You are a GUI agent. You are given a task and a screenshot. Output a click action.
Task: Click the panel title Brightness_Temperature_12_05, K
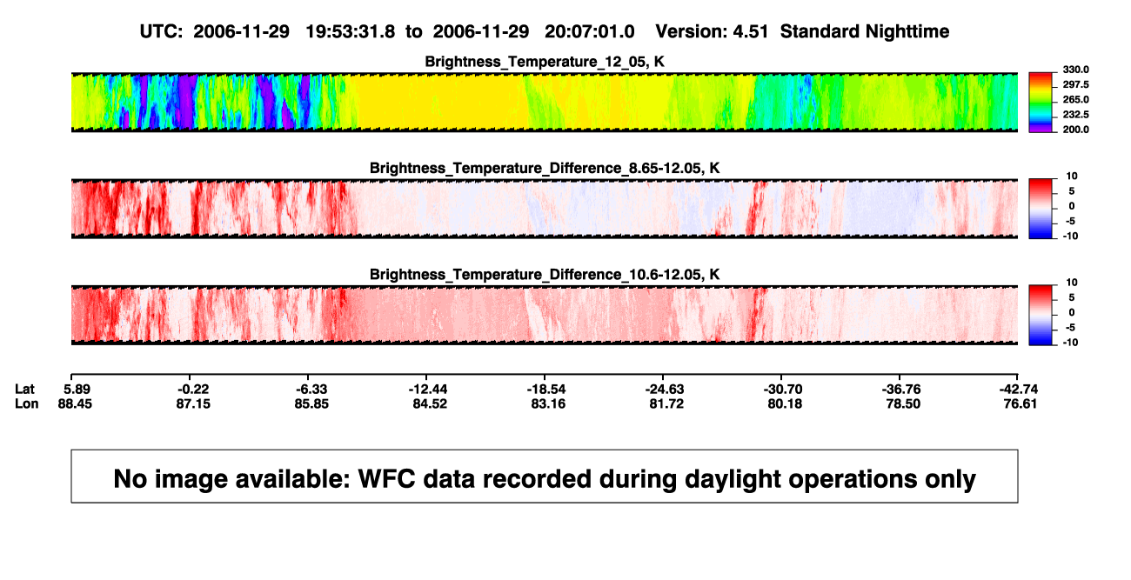coord(545,62)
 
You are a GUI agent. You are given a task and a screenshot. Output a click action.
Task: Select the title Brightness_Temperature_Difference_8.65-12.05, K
coord(545,168)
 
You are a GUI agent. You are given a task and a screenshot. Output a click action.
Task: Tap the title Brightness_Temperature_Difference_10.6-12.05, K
coord(545,275)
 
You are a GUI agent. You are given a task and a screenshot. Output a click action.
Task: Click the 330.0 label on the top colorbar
coord(1075,70)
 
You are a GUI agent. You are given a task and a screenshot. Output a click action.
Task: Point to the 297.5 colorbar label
coord(1075,84)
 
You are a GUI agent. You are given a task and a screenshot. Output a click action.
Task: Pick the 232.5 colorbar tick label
coord(1075,115)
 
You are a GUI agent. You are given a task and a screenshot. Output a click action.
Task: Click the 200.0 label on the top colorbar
coord(1075,130)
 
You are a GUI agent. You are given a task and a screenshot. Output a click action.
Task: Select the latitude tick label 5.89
coord(77,390)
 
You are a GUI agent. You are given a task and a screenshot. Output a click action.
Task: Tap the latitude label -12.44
coord(428,390)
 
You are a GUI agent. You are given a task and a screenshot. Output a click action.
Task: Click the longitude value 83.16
coord(548,404)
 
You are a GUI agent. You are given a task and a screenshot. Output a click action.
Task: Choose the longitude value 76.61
coord(1020,404)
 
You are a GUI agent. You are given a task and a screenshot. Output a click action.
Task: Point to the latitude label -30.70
coord(783,390)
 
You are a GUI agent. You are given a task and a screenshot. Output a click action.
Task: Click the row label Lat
coord(24,390)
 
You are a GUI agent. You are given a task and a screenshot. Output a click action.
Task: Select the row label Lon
coord(27,404)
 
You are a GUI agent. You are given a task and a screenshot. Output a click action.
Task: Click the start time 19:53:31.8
coord(351,31)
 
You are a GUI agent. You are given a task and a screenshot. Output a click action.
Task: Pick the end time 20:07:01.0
coord(590,31)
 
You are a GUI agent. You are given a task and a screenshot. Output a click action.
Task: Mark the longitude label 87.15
coord(193,404)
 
